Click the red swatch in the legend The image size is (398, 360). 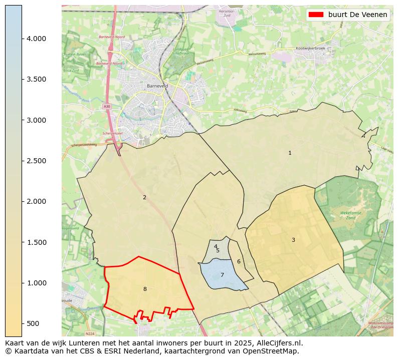[x=316, y=15]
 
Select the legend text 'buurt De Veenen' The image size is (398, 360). [x=358, y=15]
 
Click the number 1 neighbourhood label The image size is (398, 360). [x=290, y=153]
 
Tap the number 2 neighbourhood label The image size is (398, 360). [x=144, y=197]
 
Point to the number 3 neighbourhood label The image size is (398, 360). [x=293, y=240]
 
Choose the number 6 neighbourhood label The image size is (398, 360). [x=239, y=261]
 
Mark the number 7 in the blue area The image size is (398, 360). [x=222, y=275]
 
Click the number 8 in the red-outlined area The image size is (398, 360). [x=145, y=289]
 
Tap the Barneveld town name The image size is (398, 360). [x=157, y=86]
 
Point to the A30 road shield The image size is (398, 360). [x=107, y=106]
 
